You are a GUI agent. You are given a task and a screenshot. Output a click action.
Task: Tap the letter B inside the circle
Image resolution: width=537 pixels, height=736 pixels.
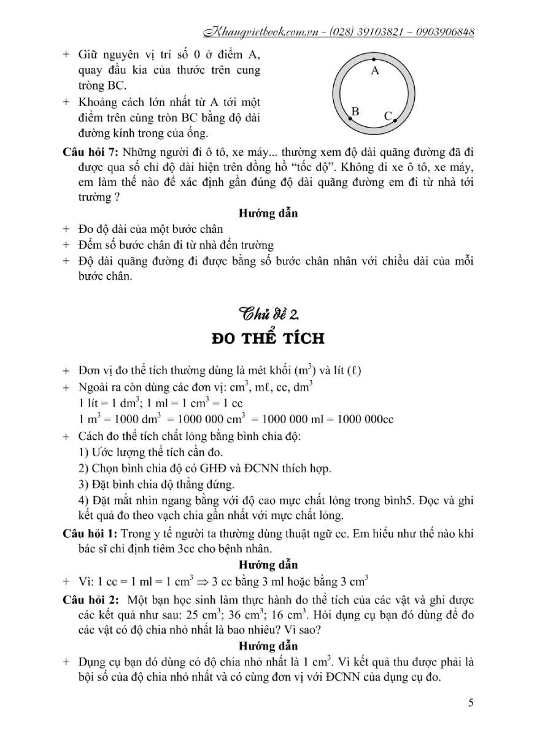pyautogui.click(x=355, y=111)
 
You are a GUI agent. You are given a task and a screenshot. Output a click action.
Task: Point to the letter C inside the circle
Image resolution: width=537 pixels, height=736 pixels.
pyautogui.click(x=388, y=115)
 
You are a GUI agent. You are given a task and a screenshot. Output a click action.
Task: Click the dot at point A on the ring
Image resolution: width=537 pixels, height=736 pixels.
pyautogui.click(x=374, y=60)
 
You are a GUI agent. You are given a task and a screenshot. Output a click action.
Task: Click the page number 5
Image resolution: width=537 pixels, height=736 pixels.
pyautogui.click(x=470, y=703)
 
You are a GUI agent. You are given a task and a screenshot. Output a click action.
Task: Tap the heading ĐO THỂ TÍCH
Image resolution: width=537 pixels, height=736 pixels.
pyautogui.click(x=268, y=340)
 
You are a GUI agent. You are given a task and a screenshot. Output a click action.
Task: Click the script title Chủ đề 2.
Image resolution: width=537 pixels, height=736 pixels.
pyautogui.click(x=269, y=314)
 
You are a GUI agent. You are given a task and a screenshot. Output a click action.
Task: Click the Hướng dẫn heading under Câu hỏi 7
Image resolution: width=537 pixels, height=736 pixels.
pyautogui.click(x=268, y=214)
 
